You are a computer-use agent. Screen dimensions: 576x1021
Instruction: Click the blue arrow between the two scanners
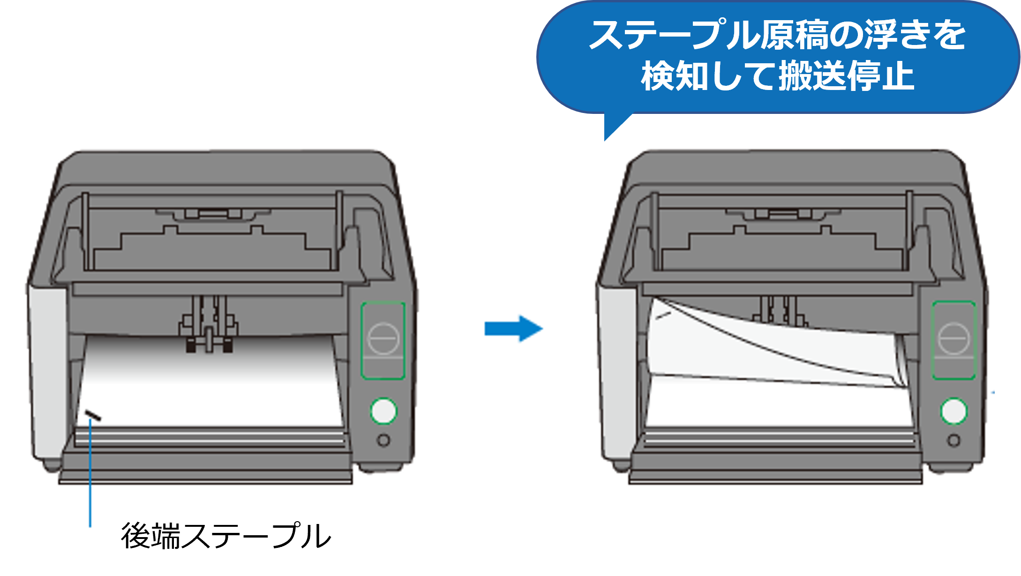point(513,329)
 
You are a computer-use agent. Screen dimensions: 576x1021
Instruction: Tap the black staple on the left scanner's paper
point(93,415)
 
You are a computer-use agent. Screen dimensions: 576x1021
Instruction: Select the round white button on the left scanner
point(383,411)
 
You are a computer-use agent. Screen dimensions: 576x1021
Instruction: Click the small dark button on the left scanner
point(383,441)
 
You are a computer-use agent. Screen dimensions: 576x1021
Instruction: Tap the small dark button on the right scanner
point(953,441)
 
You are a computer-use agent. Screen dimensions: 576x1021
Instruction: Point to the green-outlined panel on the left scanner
point(383,340)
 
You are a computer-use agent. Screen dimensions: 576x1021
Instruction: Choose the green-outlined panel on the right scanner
point(953,340)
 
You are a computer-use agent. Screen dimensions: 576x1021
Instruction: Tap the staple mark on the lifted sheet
point(663,316)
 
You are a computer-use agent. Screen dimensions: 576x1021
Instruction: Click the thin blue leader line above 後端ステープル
point(90,473)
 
